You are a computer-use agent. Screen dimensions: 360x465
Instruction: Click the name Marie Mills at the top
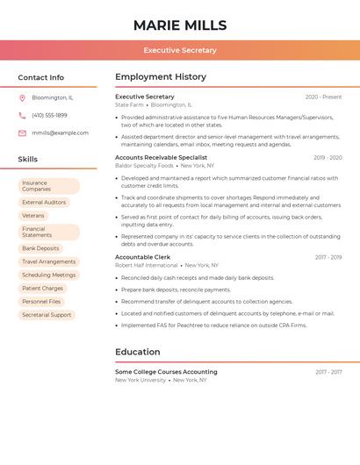click(180, 25)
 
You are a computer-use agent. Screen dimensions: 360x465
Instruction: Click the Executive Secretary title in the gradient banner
click(180, 50)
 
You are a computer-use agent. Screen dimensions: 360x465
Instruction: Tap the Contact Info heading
click(40, 77)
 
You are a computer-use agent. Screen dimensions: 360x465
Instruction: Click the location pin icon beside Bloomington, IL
click(22, 97)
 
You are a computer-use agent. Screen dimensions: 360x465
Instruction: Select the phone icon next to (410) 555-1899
click(22, 115)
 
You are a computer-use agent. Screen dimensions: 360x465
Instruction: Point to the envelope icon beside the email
click(22, 132)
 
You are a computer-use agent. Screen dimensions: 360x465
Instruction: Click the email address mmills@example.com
click(60, 132)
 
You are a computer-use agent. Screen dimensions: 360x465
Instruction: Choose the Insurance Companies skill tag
click(48, 186)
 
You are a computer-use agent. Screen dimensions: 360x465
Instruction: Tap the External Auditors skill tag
click(44, 203)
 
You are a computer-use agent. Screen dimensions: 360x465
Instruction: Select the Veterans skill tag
click(33, 215)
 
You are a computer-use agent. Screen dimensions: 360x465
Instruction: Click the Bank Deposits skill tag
click(40, 248)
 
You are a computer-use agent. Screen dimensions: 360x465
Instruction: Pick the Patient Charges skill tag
click(42, 288)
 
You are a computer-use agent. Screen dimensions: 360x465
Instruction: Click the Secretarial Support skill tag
click(47, 314)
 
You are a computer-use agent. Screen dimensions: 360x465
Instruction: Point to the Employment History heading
click(161, 77)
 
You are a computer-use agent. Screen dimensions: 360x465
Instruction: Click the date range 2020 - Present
click(323, 97)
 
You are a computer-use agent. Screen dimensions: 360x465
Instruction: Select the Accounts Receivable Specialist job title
click(161, 157)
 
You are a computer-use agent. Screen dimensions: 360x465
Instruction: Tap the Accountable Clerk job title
click(142, 257)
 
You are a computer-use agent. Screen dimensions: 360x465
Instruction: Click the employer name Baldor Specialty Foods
click(145, 165)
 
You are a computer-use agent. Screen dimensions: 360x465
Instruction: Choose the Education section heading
click(138, 352)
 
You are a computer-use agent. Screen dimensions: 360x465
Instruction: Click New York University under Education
click(140, 380)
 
